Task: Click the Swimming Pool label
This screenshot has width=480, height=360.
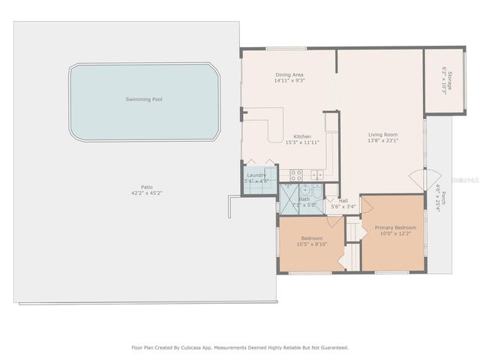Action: (143, 99)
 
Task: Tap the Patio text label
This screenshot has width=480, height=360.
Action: (146, 187)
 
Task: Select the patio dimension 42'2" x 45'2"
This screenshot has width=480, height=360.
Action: (146, 193)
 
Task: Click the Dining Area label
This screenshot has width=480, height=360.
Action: (289, 75)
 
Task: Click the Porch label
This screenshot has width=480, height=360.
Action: (443, 197)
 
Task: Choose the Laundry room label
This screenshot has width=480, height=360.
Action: (256, 175)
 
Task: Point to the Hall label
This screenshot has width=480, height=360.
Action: (343, 200)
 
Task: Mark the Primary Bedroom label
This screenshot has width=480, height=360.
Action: (395, 226)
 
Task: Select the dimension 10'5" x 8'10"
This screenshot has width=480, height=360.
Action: (312, 244)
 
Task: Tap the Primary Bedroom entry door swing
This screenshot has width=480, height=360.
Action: (367, 204)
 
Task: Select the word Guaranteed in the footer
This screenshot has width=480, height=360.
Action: (332, 347)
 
